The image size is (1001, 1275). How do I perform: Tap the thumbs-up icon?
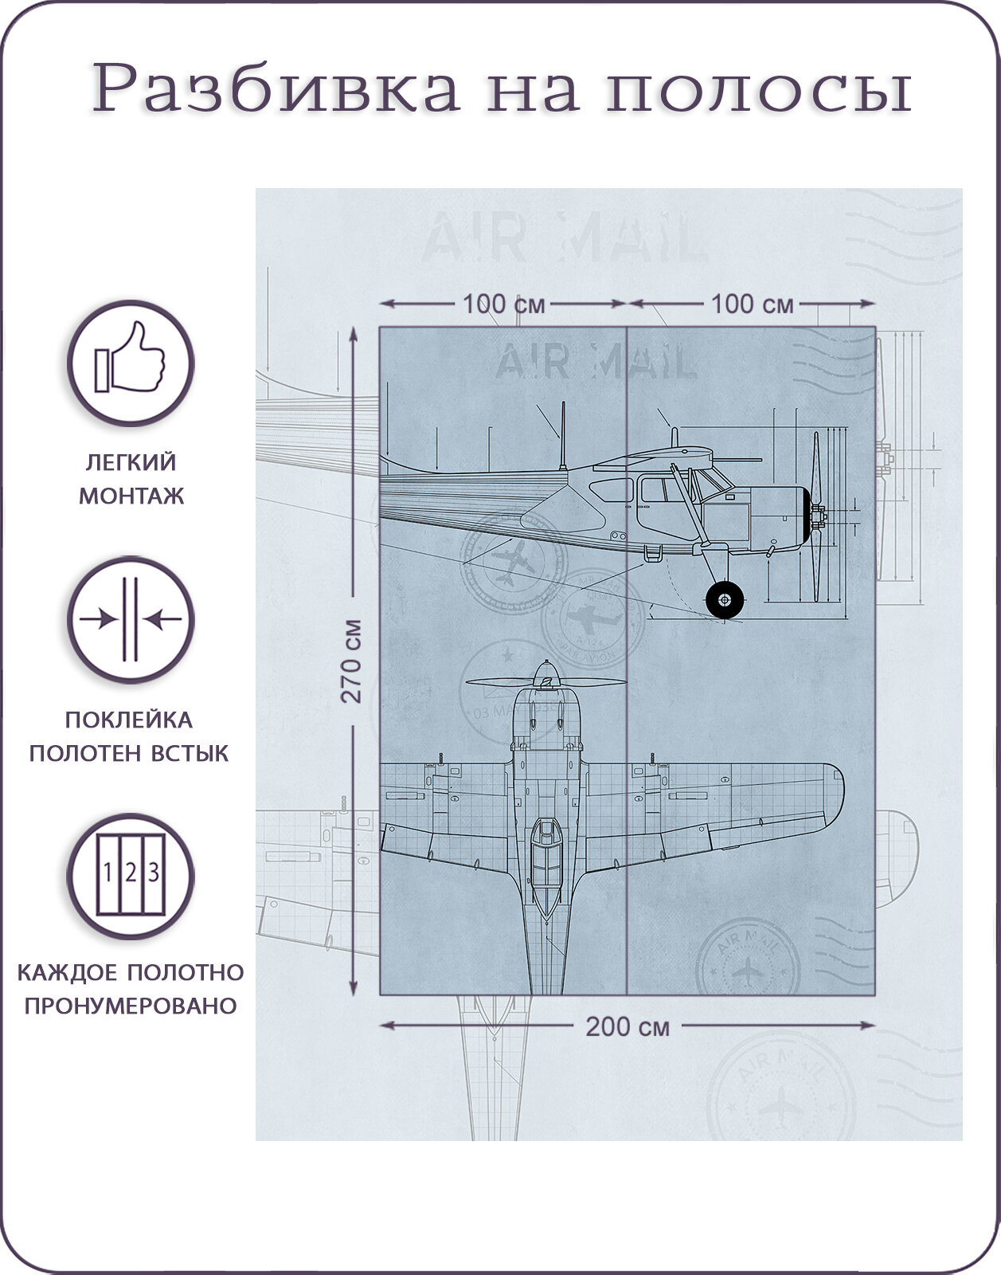tap(130, 363)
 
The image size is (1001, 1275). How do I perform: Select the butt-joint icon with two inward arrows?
tap(130, 620)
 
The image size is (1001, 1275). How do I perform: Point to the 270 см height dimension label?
tap(352, 661)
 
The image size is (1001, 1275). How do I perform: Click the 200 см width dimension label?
tap(628, 1027)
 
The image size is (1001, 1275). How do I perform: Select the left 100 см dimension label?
tap(503, 304)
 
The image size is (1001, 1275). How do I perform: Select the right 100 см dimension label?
tap(752, 304)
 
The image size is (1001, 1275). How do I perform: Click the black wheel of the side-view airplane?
tap(724, 599)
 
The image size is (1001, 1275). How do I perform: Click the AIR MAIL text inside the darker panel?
tap(596, 363)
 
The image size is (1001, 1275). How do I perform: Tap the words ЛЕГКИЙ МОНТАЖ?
tap(131, 478)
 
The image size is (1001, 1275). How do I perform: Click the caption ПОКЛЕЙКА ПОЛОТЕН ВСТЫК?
tap(129, 736)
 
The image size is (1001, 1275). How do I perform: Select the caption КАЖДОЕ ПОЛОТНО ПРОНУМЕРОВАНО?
tap(131, 988)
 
